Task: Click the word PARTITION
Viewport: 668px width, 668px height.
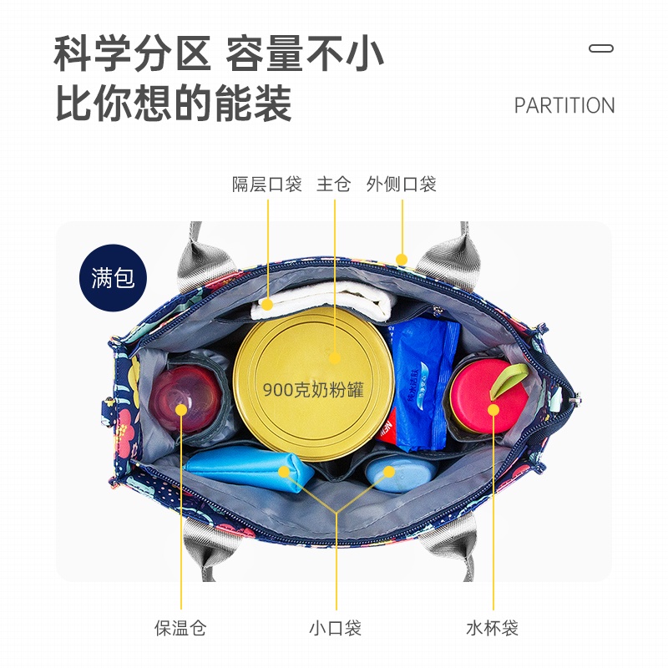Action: (564, 106)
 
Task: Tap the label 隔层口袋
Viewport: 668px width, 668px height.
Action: (266, 185)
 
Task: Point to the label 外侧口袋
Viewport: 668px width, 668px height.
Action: (401, 185)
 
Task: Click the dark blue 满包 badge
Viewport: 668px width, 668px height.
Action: (113, 277)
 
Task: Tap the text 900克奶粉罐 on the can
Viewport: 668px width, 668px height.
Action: (313, 389)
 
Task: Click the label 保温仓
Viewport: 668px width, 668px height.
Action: (180, 628)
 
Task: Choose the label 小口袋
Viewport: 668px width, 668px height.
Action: (335, 628)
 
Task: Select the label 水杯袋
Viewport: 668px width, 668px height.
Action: (492, 628)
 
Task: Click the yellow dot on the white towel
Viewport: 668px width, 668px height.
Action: (267, 304)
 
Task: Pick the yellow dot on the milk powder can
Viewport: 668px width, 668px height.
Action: (335, 357)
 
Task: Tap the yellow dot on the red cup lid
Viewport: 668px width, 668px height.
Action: (493, 409)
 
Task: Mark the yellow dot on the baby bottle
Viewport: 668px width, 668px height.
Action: (180, 409)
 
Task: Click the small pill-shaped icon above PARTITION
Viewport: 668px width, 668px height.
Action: (601, 48)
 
